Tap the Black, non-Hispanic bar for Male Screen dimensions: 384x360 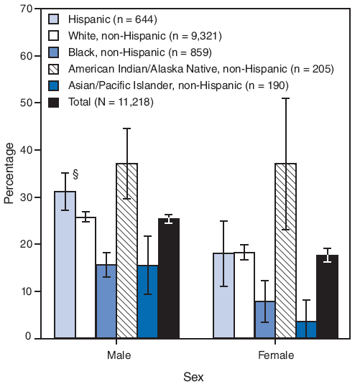pos(106,301)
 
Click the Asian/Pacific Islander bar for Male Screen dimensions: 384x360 pos(147,301)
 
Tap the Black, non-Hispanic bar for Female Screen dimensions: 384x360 pos(264,319)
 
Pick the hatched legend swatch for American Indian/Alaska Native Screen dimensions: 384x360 pos(54,69)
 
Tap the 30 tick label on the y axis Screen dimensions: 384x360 pos(26,197)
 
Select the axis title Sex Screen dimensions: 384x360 pos(193,375)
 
